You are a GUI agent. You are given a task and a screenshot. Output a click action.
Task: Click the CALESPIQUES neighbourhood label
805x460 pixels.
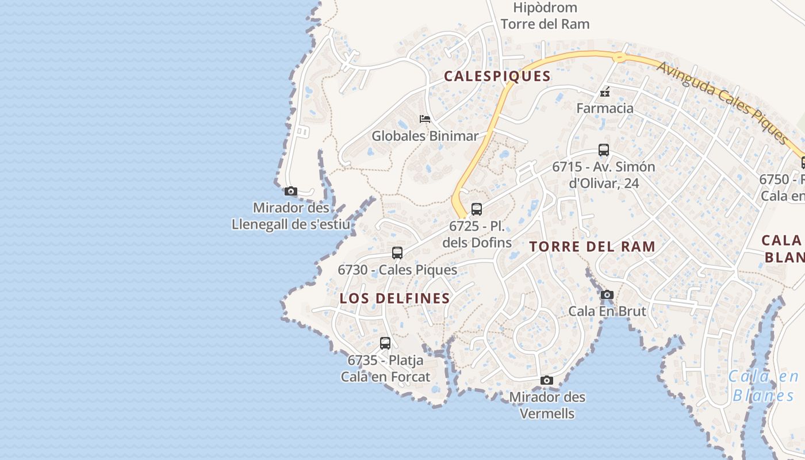[497, 76]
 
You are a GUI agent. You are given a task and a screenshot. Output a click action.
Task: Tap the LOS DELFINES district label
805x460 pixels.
[394, 298]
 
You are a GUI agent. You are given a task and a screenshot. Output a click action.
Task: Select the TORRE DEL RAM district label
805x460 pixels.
[592, 247]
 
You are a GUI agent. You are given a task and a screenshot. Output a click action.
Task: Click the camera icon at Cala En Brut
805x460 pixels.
[607, 295]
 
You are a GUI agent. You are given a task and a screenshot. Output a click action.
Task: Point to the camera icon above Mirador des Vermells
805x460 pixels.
[547, 381]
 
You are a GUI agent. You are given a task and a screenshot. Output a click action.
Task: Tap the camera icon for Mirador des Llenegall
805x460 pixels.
[291, 191]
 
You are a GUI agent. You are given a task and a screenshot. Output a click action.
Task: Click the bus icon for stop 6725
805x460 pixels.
[477, 209]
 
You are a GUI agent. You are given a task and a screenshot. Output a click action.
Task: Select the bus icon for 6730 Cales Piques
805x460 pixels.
[397, 253]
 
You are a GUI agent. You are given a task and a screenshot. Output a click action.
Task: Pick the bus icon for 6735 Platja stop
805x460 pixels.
[385, 343]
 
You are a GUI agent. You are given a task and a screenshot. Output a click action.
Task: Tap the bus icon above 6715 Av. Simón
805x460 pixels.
[604, 150]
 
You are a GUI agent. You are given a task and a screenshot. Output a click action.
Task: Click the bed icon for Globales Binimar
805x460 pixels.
[425, 119]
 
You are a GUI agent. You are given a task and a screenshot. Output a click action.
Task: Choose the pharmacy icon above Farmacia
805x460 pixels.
[605, 91]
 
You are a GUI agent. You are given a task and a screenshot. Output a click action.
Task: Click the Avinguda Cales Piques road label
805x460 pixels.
[722, 102]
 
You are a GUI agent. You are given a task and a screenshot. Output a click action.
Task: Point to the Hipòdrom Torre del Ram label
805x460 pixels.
[545, 16]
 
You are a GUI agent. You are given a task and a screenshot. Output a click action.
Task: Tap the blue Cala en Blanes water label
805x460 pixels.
[764, 386]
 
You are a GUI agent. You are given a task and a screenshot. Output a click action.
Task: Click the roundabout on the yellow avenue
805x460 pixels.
[619, 57]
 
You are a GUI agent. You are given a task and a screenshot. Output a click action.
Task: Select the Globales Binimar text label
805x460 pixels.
[425, 136]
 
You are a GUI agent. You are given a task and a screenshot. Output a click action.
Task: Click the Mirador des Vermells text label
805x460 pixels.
[547, 405]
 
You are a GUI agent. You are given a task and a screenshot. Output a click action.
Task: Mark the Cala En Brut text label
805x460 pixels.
[607, 311]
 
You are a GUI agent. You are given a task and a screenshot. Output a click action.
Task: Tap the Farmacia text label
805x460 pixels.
[605, 108]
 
